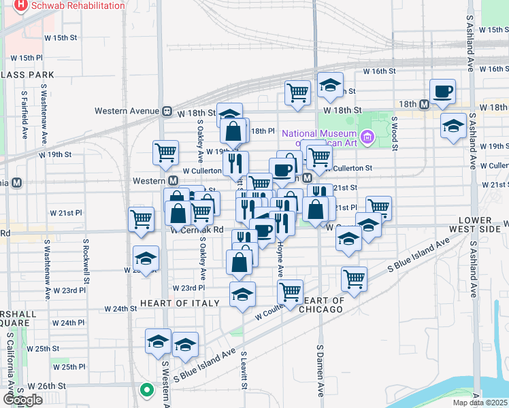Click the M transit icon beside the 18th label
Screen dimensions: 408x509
(424, 104)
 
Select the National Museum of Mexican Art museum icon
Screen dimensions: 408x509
(367, 137)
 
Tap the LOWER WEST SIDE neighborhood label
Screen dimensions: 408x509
(484, 225)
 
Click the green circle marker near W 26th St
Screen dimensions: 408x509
(146, 390)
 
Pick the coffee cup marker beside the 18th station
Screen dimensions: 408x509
(442, 92)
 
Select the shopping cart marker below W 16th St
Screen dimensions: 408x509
(297, 92)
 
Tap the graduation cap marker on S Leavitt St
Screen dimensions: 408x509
(242, 294)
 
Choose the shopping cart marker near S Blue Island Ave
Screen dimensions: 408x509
(354, 277)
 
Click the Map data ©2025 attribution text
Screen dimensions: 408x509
(480, 403)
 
